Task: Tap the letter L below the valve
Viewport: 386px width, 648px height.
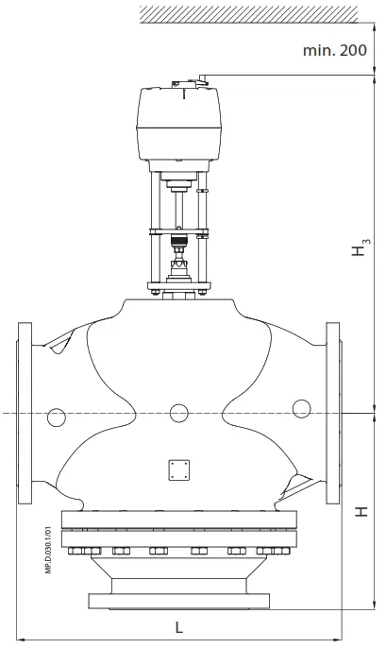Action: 178,626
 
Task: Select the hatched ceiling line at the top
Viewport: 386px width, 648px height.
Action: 248,12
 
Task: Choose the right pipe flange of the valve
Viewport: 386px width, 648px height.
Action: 332,413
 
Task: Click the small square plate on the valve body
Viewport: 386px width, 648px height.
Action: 177,469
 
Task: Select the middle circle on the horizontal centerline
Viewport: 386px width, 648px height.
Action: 177,413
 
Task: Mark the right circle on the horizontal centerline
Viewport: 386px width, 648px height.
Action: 301,409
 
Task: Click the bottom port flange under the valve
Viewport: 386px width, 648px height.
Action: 177,599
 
